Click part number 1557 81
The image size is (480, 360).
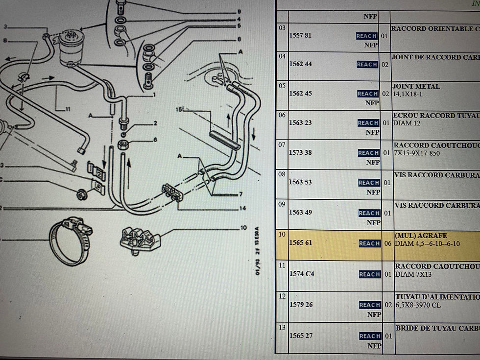point(300,35)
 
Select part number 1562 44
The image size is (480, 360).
point(300,64)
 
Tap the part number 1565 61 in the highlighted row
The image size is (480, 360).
point(300,243)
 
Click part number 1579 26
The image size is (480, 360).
point(301,305)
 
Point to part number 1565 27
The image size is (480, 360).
point(301,336)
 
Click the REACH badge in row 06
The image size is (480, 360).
point(368,123)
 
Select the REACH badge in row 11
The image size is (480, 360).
point(369,274)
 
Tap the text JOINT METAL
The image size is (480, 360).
point(416,86)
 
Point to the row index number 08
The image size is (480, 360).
point(282,174)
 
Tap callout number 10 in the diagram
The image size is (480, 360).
point(243,228)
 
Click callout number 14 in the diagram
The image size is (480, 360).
point(242,209)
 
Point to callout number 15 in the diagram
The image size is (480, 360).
point(179,110)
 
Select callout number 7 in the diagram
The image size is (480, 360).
point(240,194)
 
